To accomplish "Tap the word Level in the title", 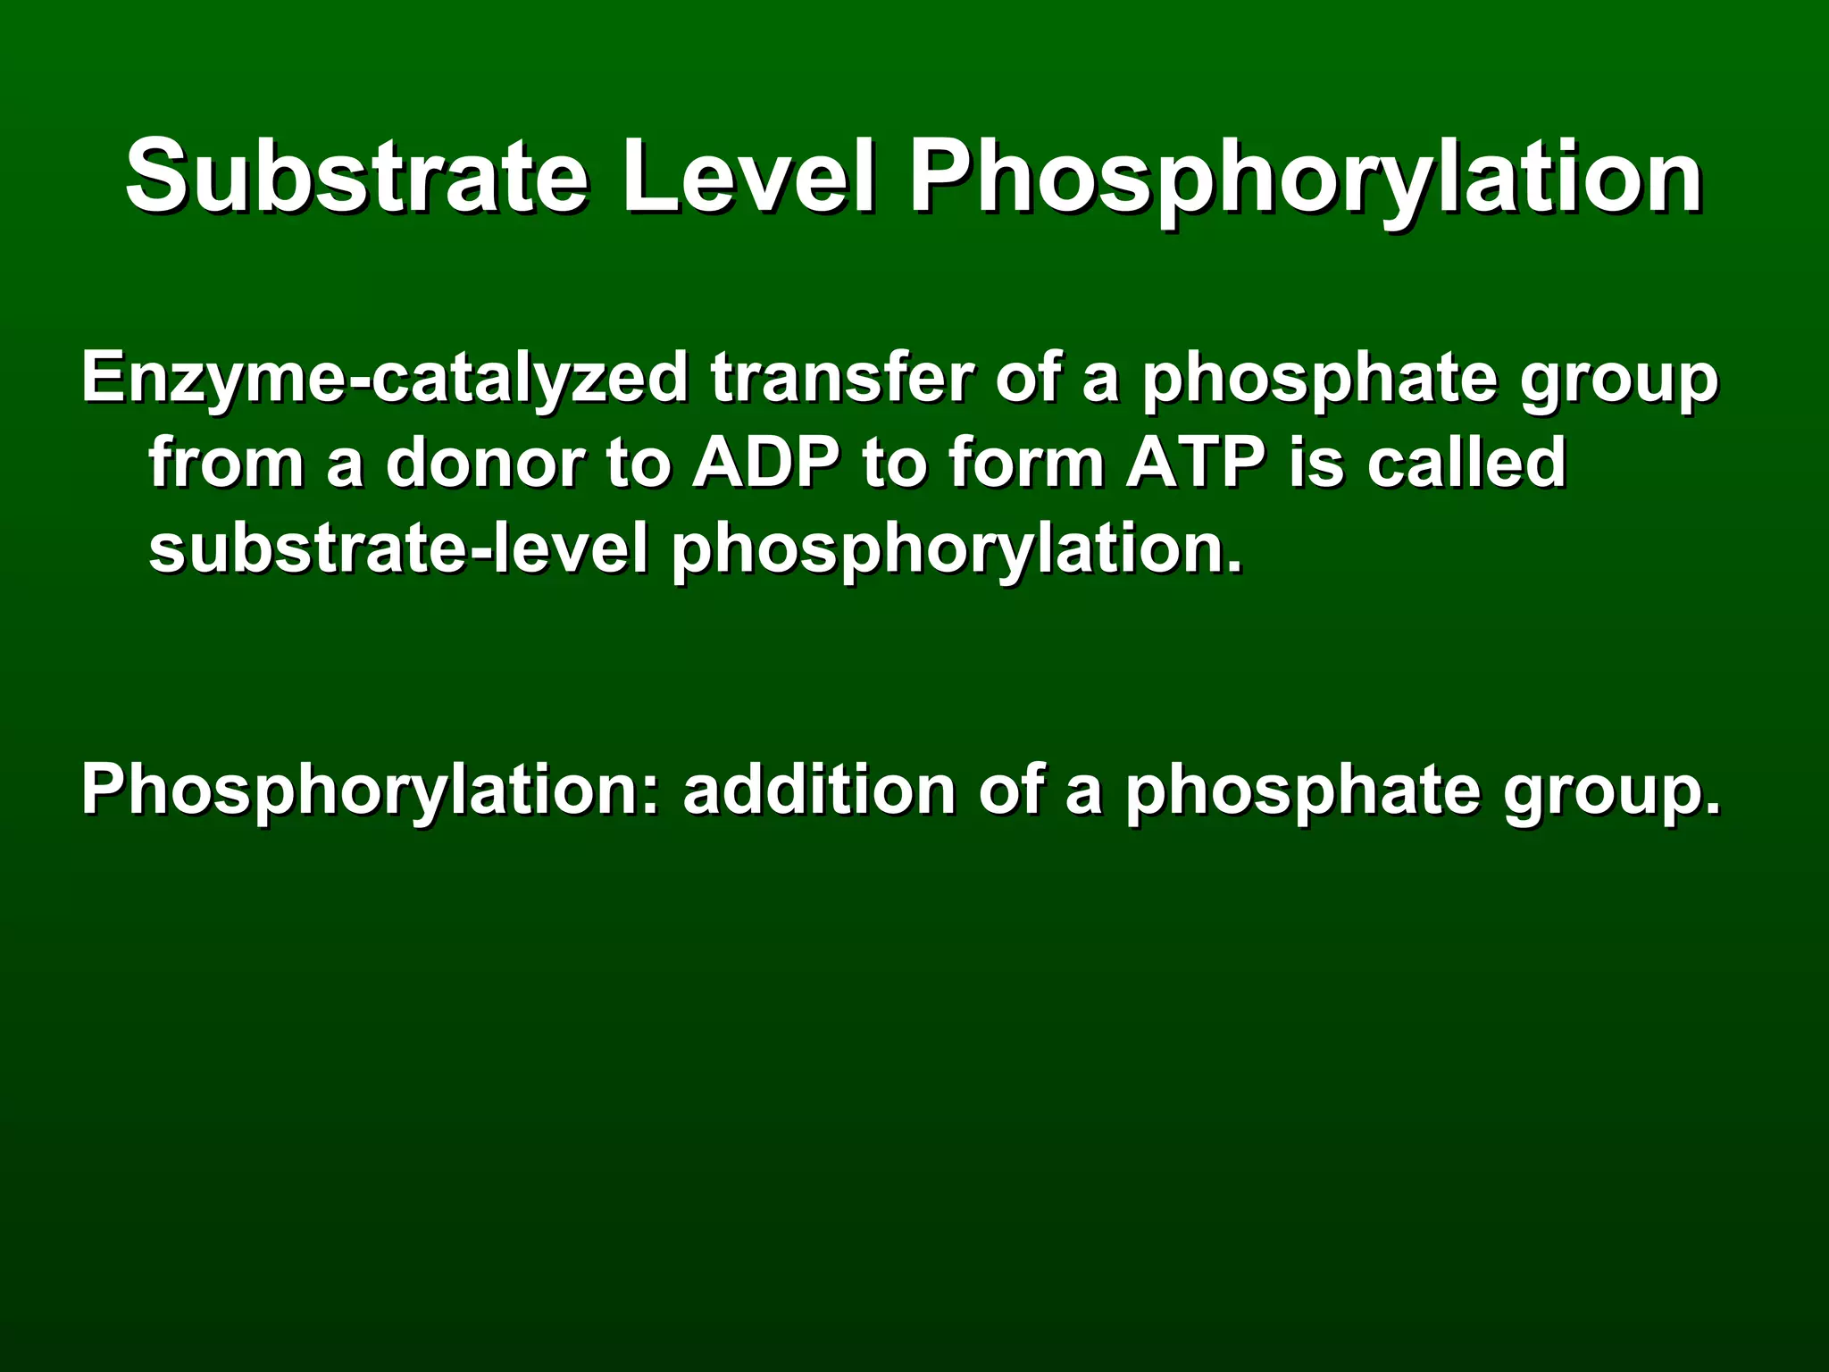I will pos(748,175).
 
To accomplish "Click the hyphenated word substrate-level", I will pos(398,548).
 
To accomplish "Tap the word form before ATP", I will pos(1027,463).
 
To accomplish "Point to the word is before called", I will pos(1317,463).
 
